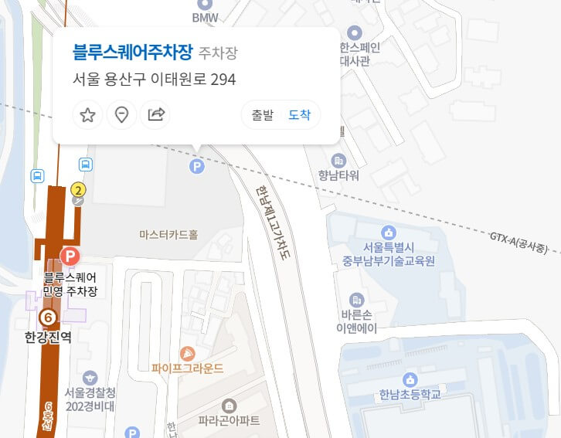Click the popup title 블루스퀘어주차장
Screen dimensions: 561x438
pyautogui.click(x=132, y=53)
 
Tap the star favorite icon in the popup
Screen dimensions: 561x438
pyautogui.click(x=87, y=115)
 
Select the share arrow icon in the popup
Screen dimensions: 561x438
pyautogui.click(x=155, y=115)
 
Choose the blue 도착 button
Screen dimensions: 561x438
pyautogui.click(x=299, y=115)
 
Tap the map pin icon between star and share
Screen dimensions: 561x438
pyautogui.click(x=121, y=115)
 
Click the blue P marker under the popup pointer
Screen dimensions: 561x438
pyautogui.click(x=198, y=165)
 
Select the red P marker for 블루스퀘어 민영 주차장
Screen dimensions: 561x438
pyautogui.click(x=70, y=256)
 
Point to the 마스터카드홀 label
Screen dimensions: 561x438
pyautogui.click(x=168, y=234)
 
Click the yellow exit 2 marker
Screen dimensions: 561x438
pyautogui.click(x=78, y=188)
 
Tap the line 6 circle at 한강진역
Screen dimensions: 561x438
pyautogui.click(x=48, y=317)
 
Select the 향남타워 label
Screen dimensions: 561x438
pyautogui.click(x=338, y=175)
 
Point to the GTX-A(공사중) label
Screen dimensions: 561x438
pyautogui.click(x=518, y=242)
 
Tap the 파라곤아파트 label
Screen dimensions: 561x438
pyautogui.click(x=229, y=421)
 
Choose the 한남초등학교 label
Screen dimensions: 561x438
pyautogui.click(x=410, y=394)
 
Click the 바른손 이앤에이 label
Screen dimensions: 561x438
pyautogui.click(x=356, y=321)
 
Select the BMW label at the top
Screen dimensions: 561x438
pyautogui.click(x=205, y=16)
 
